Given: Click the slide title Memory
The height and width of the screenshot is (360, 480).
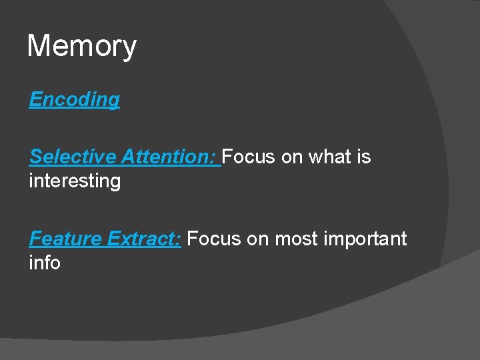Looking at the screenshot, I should point(81,47).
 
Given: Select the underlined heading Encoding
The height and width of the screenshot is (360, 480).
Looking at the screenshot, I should point(74,99).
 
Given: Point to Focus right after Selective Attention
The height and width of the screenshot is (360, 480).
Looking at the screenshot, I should point(249,157).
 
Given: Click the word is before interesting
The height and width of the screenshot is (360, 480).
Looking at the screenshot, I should point(363,157).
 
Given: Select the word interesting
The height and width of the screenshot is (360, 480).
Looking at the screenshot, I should point(75,181).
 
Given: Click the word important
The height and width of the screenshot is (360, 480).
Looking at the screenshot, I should point(365,239).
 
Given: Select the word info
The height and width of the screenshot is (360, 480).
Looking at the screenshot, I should point(45,263).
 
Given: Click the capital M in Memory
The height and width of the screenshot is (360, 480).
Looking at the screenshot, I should point(37,47).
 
